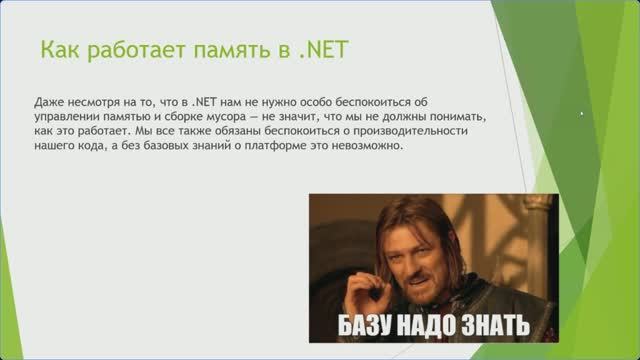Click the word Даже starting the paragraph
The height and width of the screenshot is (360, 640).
[47, 102]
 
